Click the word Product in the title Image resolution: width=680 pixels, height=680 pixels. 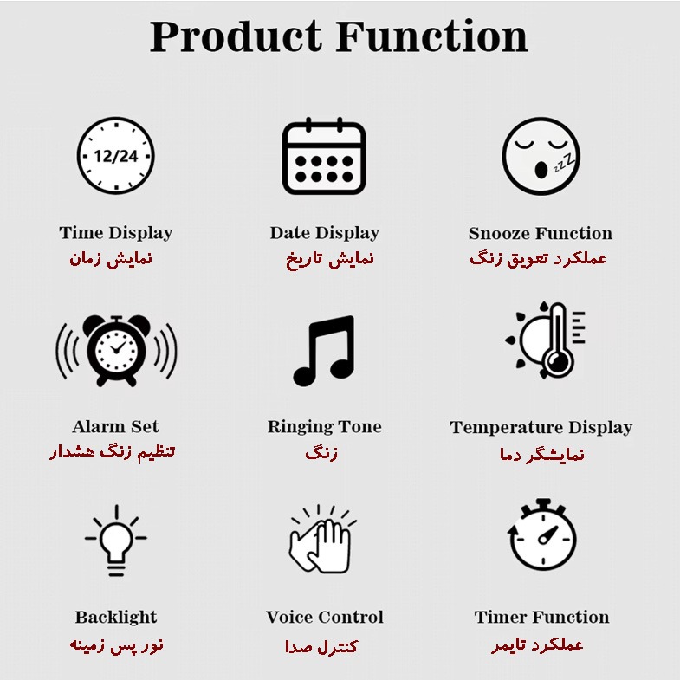[x=236, y=36]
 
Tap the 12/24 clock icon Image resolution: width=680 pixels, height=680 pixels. [x=116, y=156]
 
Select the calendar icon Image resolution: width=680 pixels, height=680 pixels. [x=324, y=156]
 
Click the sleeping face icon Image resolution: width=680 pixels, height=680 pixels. [x=541, y=156]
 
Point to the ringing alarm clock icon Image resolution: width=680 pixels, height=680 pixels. [x=116, y=352]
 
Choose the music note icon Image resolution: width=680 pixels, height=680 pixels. [x=324, y=351]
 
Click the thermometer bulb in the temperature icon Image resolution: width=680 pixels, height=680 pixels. [x=558, y=360]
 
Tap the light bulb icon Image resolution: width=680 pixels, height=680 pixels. [x=116, y=541]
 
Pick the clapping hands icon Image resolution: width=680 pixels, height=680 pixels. [x=322, y=539]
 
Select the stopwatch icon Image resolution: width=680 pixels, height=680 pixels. [x=542, y=534]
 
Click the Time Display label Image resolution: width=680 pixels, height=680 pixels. [x=116, y=233]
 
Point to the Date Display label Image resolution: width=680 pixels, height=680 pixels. [x=324, y=233]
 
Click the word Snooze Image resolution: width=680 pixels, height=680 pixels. [x=495, y=233]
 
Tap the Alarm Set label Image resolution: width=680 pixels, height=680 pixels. [x=116, y=426]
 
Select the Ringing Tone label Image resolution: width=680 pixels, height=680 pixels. [x=324, y=427]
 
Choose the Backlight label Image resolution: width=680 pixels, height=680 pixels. [x=116, y=618]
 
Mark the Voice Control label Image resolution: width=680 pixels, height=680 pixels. [x=325, y=617]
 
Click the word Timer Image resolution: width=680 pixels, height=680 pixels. [x=501, y=617]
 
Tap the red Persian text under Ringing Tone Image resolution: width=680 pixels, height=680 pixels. [x=321, y=453]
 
